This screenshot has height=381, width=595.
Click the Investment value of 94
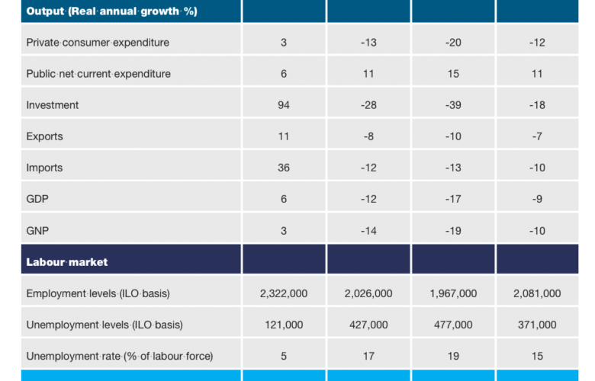coord(284,105)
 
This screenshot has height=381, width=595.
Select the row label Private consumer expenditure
coord(98,43)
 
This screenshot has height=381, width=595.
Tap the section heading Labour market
coord(67,262)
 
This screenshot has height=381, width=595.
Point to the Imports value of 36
coord(284,168)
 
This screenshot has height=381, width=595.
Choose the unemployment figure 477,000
coord(453,325)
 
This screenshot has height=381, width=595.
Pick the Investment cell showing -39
coord(453,105)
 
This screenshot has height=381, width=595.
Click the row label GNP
coord(38,231)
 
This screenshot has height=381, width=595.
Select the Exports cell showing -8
coord(368,136)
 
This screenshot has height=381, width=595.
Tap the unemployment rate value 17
coord(368,356)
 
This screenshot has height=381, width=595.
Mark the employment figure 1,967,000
coord(453,293)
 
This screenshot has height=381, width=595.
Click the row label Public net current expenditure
coord(98,74)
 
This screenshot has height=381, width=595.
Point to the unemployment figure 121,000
coord(284,325)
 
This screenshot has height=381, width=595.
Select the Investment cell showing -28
coord(368,105)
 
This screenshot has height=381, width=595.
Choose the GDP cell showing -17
coord(453,199)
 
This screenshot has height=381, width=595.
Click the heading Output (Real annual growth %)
coord(111,11)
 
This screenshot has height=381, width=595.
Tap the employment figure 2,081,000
coord(537,293)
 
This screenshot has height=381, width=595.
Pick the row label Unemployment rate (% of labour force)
coord(120,356)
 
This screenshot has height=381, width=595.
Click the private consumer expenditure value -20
coord(453,43)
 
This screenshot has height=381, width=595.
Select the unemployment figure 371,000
coord(537,325)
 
